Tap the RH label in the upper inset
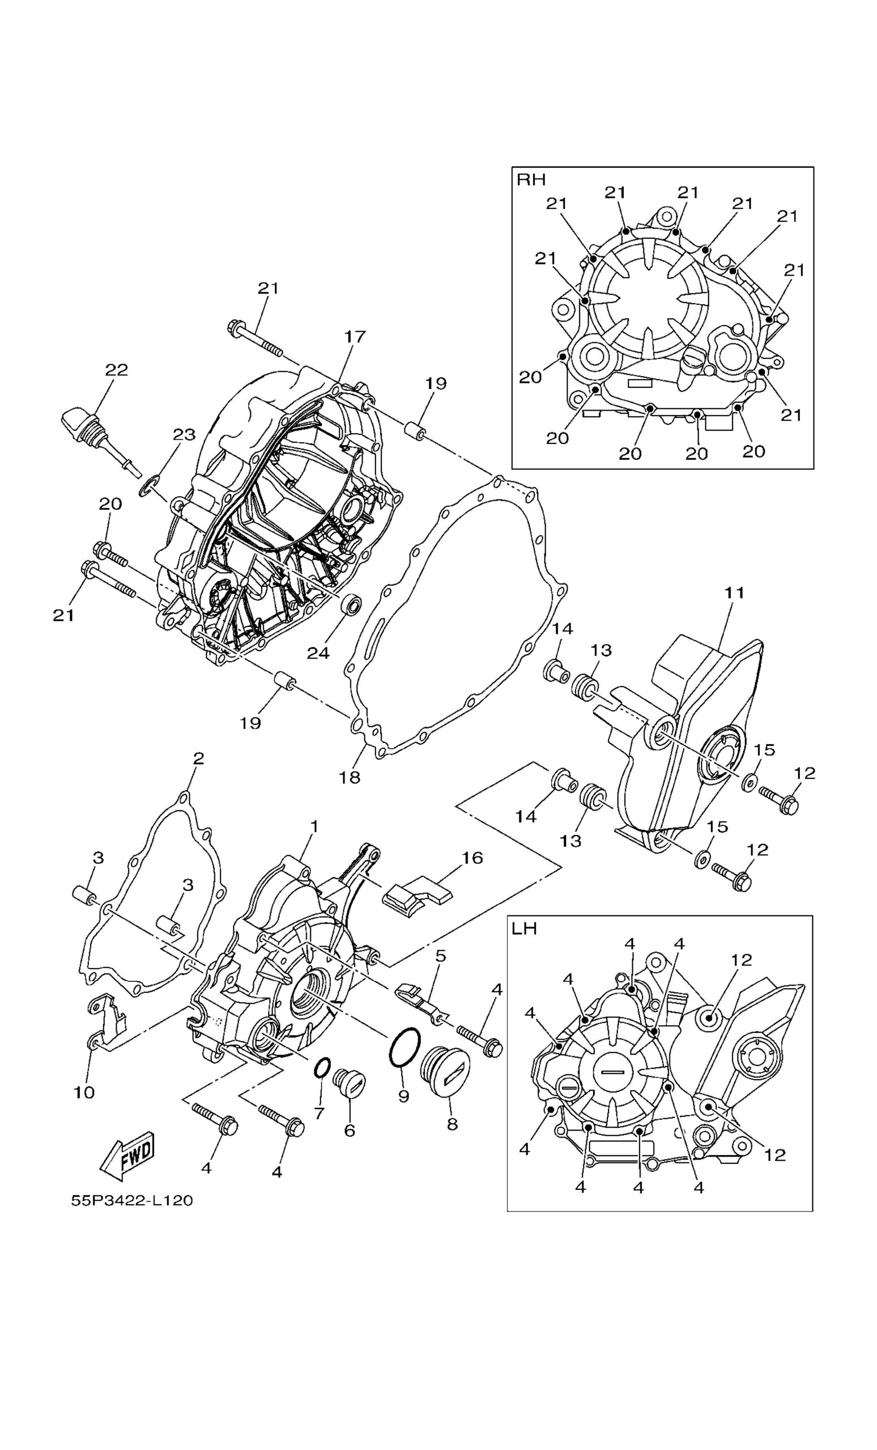point(531,180)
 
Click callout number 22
point(117,369)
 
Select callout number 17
point(355,336)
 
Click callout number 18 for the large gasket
point(349,777)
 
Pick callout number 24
point(318,652)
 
